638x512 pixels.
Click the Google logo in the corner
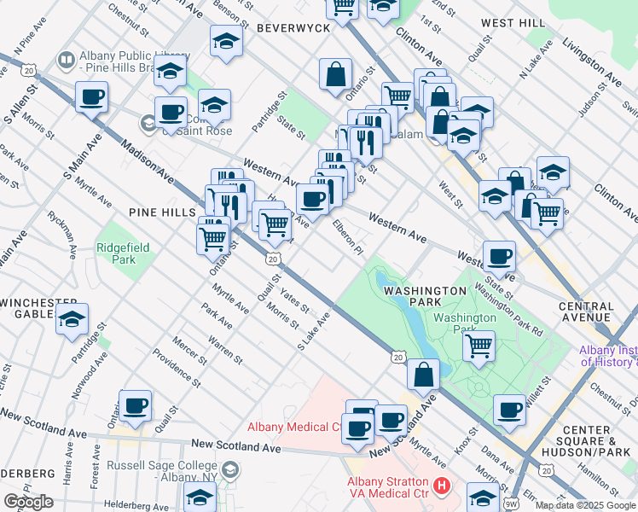pos(28,502)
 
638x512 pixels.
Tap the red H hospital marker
pos(441,487)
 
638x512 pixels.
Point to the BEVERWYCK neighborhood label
pos(293,28)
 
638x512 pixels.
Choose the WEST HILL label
pos(511,23)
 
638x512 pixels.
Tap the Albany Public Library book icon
pos(66,60)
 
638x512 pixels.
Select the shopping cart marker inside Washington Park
pos(479,346)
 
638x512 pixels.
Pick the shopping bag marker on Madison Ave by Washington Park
pos(423,374)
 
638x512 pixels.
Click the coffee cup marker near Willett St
pos(510,410)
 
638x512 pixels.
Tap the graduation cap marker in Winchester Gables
pos(72,320)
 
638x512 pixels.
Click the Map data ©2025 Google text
pos(584,505)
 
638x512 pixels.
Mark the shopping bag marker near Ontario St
pos(336,73)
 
